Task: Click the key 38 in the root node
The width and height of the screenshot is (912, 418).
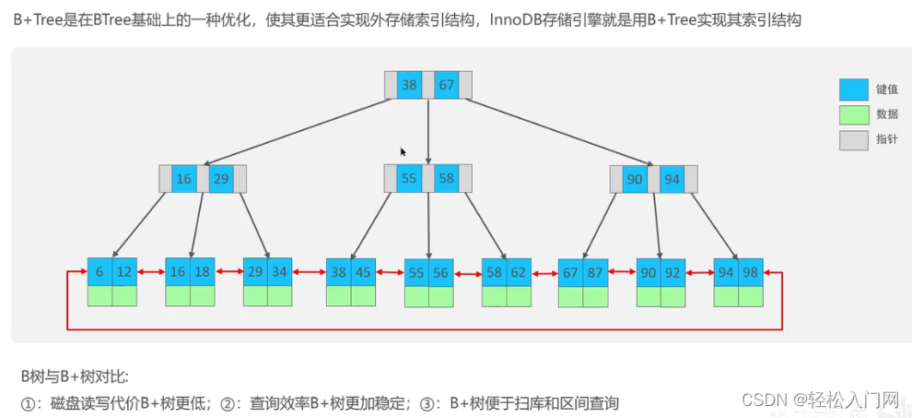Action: (409, 85)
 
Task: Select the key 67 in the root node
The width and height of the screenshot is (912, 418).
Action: (446, 85)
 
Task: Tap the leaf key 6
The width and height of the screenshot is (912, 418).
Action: (99, 272)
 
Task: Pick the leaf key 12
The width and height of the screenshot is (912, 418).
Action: (124, 272)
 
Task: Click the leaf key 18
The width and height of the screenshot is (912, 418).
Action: (202, 272)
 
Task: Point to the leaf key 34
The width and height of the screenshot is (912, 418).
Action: (280, 272)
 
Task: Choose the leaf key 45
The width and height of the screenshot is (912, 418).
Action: (363, 272)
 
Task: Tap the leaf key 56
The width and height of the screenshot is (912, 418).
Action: (441, 273)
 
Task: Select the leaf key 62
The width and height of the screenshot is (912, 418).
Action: (519, 272)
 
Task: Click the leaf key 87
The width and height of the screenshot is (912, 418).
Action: (596, 272)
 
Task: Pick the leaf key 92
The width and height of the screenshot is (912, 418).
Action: (673, 272)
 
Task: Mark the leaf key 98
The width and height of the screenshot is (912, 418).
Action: (751, 272)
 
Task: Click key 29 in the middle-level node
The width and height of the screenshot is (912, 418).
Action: (221, 179)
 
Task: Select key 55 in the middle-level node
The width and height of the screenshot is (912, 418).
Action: (409, 178)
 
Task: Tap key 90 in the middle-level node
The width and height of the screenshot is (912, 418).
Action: (635, 179)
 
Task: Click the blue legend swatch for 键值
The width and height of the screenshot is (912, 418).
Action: (853, 90)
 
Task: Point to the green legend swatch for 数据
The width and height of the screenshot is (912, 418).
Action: (853, 114)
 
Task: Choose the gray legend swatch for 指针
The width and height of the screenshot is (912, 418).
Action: (853, 139)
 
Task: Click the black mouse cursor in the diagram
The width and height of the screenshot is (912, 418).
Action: (403, 151)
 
